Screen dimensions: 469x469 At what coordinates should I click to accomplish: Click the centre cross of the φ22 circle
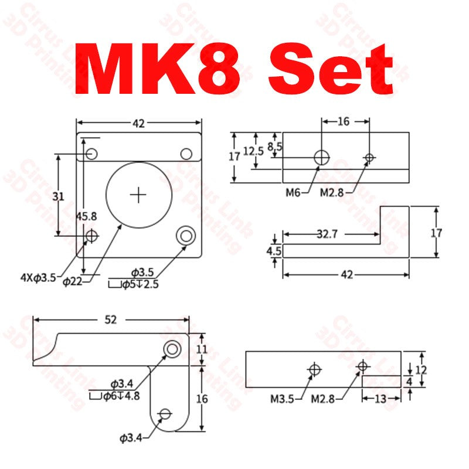point(139,194)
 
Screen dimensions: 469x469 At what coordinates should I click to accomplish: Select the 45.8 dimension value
point(86,216)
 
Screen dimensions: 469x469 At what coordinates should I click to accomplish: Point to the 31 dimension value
point(58,197)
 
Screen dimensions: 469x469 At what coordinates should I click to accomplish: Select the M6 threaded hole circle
point(321,157)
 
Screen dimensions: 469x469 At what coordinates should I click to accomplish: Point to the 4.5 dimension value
point(274,251)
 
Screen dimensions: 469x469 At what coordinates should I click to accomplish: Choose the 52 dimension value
point(110,320)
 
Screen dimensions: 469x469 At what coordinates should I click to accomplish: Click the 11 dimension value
point(202,348)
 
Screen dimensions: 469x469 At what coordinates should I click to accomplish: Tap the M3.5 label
point(283,399)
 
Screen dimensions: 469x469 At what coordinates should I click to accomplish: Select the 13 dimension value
point(380,399)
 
